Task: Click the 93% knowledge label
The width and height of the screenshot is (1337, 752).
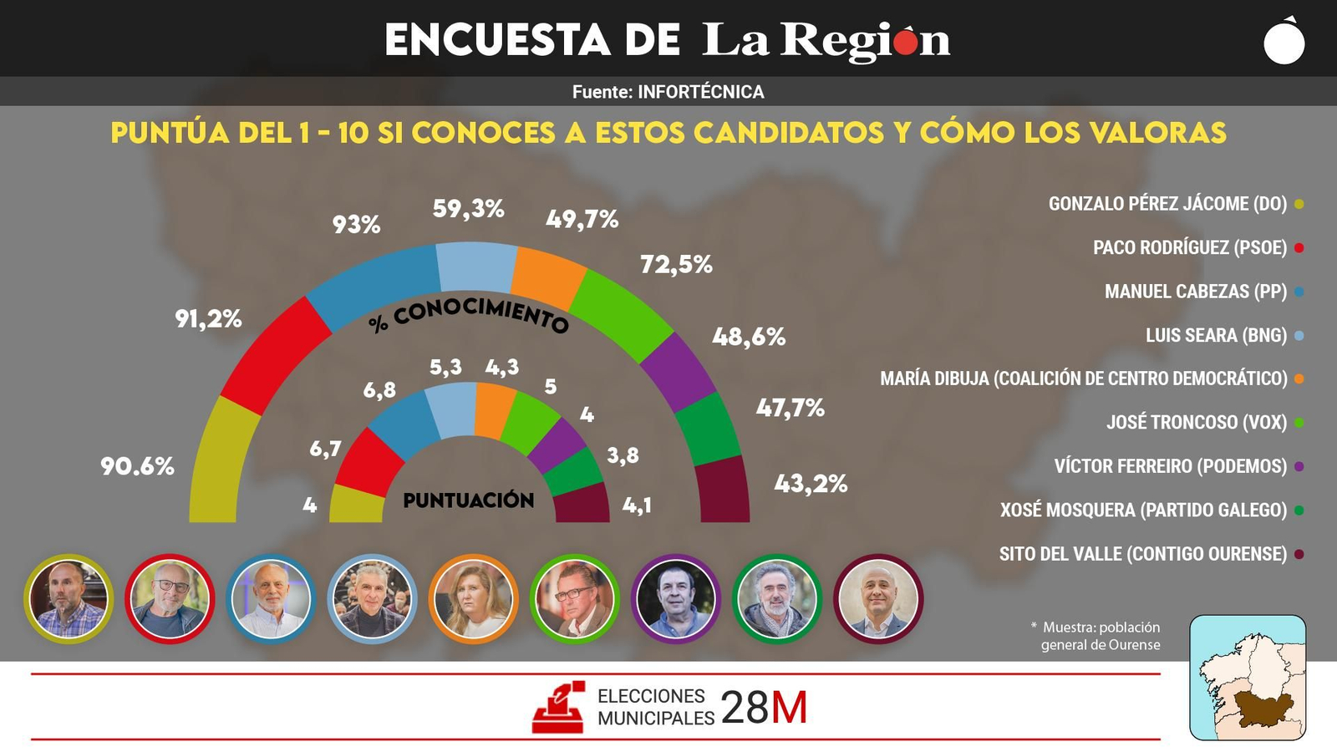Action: pyautogui.click(x=356, y=224)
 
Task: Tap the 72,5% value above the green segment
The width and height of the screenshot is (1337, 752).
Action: pyautogui.click(x=676, y=265)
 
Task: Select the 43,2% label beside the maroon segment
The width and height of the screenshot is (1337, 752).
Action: pyautogui.click(x=811, y=484)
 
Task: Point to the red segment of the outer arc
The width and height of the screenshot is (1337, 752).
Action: pyautogui.click(x=272, y=356)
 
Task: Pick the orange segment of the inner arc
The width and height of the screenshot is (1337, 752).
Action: pyautogui.click(x=496, y=410)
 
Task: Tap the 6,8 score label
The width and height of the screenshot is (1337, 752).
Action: pyautogui.click(x=379, y=390)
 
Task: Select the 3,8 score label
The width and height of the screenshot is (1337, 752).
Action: pyautogui.click(x=623, y=455)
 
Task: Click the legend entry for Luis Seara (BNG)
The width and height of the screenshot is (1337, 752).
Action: pyautogui.click(x=1215, y=335)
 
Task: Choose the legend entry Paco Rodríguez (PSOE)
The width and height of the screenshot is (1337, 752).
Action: pyautogui.click(x=1189, y=247)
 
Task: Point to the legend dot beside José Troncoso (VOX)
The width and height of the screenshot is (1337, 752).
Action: pyautogui.click(x=1299, y=423)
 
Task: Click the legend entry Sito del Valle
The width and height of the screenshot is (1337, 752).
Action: pyautogui.click(x=1142, y=554)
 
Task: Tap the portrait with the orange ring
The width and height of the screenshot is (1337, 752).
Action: pyautogui.click(x=473, y=599)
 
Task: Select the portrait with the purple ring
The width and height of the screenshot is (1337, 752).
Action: pyautogui.click(x=675, y=599)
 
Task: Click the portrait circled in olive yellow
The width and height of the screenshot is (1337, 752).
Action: pyautogui.click(x=69, y=599)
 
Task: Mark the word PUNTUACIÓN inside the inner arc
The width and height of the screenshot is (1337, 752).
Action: pyautogui.click(x=468, y=500)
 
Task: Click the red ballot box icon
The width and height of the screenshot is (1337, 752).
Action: pyautogui.click(x=558, y=709)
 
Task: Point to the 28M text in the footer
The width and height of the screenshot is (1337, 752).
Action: pyautogui.click(x=763, y=709)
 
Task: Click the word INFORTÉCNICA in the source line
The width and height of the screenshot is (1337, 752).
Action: pyautogui.click(x=700, y=92)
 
